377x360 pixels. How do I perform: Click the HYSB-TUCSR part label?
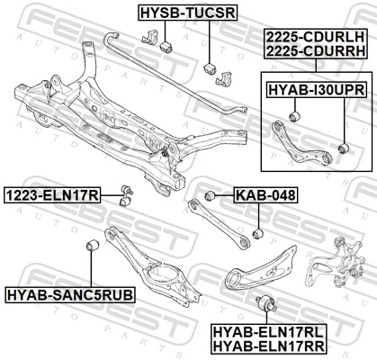click(x=186, y=13)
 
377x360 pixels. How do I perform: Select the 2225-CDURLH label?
click(x=315, y=37)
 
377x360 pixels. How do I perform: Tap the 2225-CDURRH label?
click(x=315, y=52)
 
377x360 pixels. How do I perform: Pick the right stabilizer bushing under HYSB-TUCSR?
click(x=210, y=68)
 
